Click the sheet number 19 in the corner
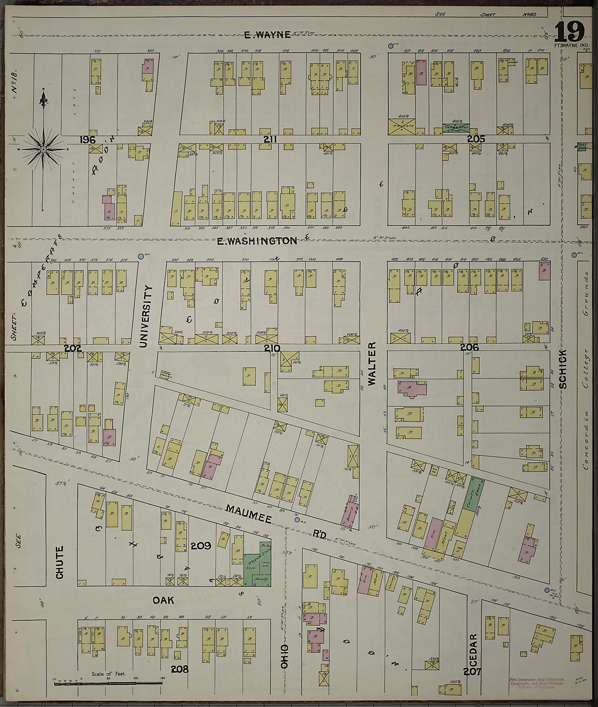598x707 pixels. point(569,32)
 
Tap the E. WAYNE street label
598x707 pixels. point(267,34)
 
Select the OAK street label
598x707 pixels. point(164,600)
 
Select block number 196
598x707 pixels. point(88,139)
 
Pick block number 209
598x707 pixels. point(201,546)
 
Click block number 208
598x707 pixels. point(180,669)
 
